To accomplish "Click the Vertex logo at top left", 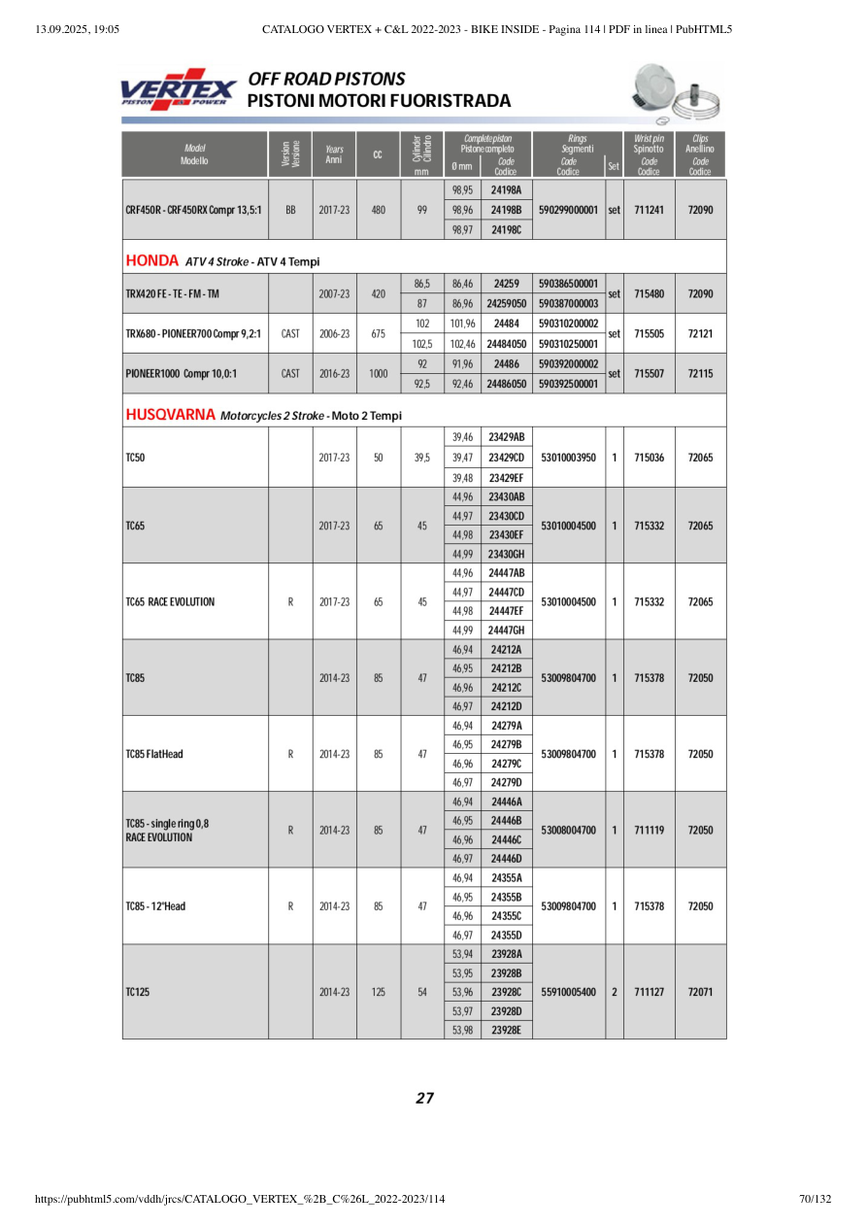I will coord(179,88).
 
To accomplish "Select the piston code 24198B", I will coord(506,209).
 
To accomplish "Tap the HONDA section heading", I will coord(152,260).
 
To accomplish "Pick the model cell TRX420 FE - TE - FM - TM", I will coord(173,293).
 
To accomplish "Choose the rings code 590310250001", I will coord(568,343).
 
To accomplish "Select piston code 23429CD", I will coord(506,457).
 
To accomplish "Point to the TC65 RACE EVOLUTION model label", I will coord(171,601).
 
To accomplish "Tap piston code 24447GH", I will coord(506,630).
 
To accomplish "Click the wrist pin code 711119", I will coord(649,830).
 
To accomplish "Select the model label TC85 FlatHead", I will coord(155,754).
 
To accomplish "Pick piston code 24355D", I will coord(506,935).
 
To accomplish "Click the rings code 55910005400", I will coord(568,992).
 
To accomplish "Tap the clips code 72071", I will coord(701,992).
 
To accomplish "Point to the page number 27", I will coord(424,1099).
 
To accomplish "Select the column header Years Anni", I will coord(334,154).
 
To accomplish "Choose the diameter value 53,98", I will coord(462,1030).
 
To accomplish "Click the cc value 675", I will coord(379,333).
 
